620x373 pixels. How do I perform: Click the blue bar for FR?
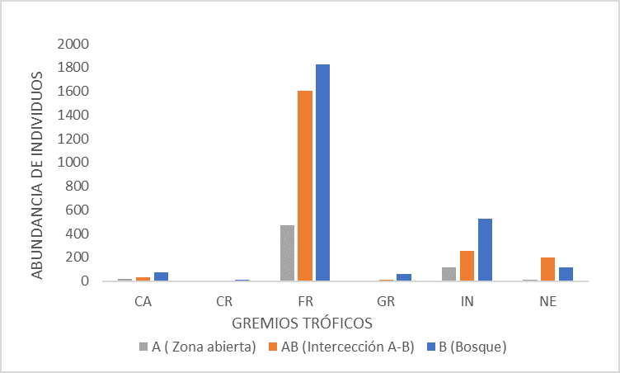pyautogui.click(x=322, y=172)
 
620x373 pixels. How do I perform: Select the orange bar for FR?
pyautogui.click(x=305, y=186)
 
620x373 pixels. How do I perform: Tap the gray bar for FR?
pyautogui.click(x=287, y=253)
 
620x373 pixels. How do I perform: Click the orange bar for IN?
pyautogui.click(x=467, y=266)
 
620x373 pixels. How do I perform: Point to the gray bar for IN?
pyautogui.click(x=449, y=274)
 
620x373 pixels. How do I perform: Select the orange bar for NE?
pyautogui.click(x=547, y=269)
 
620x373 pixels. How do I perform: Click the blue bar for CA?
pyautogui.click(x=161, y=276)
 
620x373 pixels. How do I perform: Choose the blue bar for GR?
pyautogui.click(x=404, y=277)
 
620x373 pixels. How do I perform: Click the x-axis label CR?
pyautogui.click(x=223, y=301)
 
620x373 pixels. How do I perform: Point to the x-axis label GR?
pyautogui.click(x=385, y=301)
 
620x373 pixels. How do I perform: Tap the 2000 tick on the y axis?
pyautogui.click(x=73, y=43)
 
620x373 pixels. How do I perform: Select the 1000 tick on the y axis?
pyautogui.click(x=73, y=162)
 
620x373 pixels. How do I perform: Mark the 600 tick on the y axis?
pyautogui.click(x=77, y=210)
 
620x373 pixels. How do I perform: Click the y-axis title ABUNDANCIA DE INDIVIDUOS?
pyautogui.click(x=38, y=174)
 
